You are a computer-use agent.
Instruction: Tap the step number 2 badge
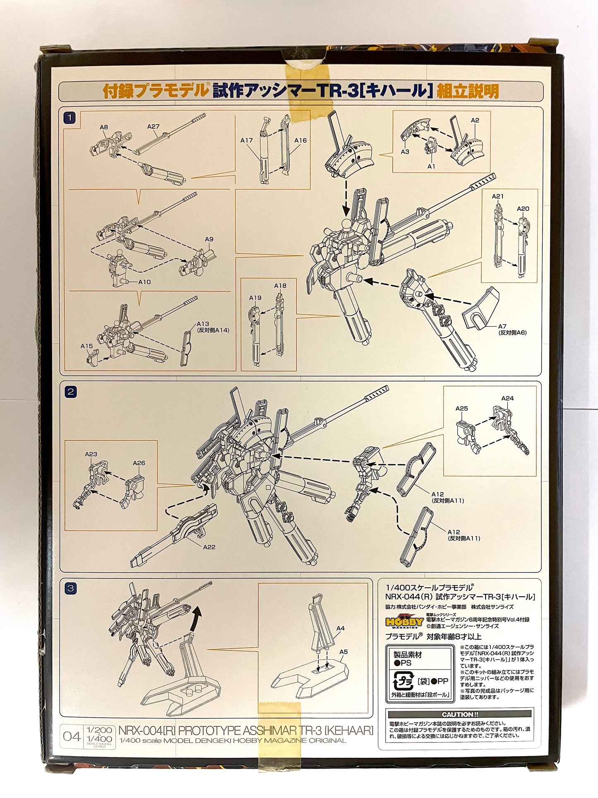pos(71,391)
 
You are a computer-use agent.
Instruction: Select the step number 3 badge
pos(71,588)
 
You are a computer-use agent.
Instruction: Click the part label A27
pos(153,127)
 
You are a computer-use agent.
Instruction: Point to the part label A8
pos(104,128)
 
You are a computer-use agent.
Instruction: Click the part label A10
pos(144,282)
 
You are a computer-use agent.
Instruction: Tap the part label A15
pos(86,346)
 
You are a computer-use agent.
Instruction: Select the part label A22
pos(209,547)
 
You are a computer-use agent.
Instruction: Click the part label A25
pos(461,409)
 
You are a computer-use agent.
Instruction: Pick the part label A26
pos(139,463)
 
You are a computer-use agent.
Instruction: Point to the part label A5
pos(343,651)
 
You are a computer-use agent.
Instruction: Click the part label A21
pos(497,196)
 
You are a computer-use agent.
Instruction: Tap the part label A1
pos(432,166)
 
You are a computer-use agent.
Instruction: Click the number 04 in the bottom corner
pos(72,736)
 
